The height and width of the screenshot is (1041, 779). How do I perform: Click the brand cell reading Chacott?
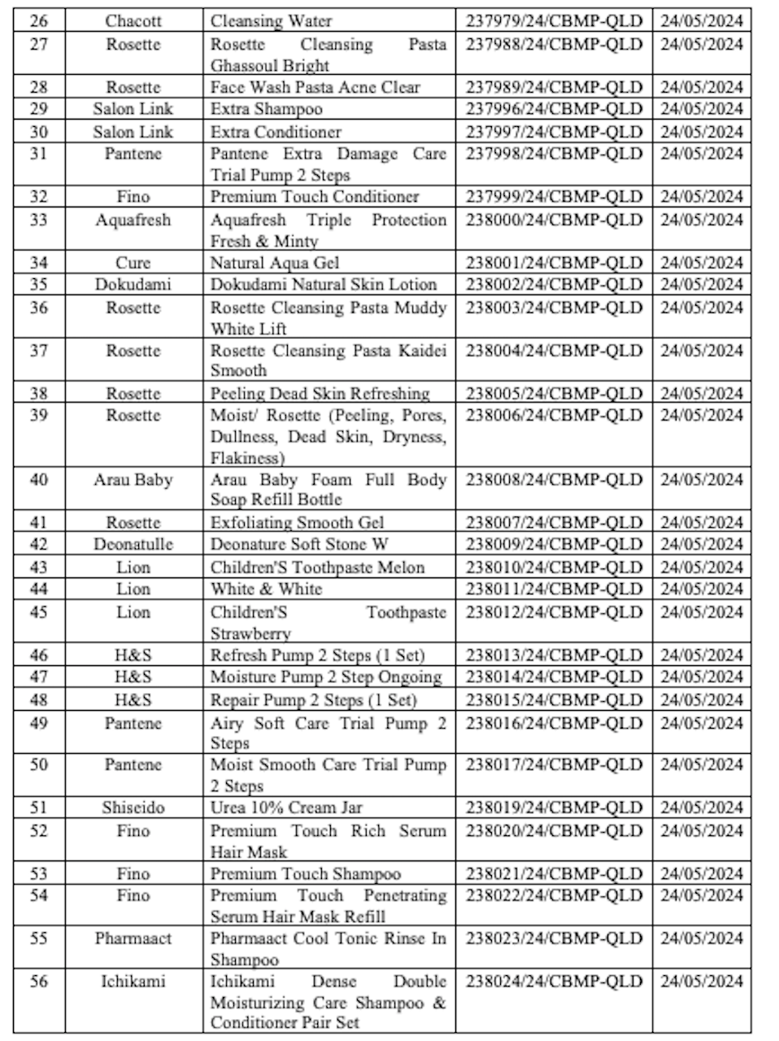coord(133,21)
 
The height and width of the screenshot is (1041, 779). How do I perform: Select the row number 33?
coord(38,220)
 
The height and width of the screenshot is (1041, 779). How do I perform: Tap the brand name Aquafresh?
coord(133,220)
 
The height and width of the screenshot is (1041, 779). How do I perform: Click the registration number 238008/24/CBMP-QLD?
coord(554,480)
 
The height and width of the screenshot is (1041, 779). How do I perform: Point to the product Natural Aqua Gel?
coord(275,263)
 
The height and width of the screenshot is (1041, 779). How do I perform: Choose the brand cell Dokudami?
coord(133,285)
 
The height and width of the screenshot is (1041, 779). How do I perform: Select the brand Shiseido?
coord(133,808)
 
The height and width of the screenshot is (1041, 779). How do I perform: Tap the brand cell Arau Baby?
coord(133,480)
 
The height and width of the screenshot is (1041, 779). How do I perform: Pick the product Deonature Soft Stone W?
coord(299,544)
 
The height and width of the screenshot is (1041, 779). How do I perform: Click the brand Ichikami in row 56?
coord(133,982)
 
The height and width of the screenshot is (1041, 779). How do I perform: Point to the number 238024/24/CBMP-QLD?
coord(554,982)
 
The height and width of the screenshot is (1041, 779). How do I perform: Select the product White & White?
coord(266,589)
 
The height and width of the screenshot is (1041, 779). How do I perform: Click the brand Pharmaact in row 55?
coord(133,939)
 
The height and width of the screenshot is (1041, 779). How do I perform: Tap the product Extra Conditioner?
coord(276,132)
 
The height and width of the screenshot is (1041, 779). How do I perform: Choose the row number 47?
coord(38,677)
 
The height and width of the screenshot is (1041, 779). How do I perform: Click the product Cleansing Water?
coord(271,21)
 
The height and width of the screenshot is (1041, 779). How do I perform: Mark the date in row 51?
coord(701,808)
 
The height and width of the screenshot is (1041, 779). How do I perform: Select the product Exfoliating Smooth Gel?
coord(297,522)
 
